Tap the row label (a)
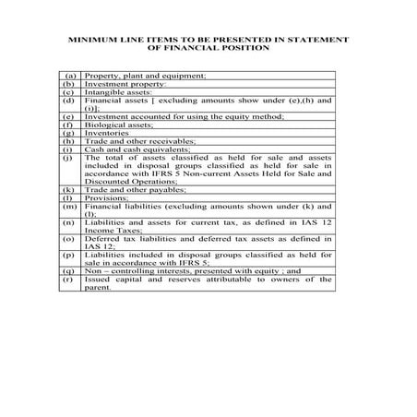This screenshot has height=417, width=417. pos(67,73)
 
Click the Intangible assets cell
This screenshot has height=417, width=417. pos(113,92)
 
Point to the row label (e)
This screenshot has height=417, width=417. pos(67,117)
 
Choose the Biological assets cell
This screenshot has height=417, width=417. pos(112,125)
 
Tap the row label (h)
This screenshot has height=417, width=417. pos(67,142)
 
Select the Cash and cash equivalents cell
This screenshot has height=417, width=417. pos(125,150)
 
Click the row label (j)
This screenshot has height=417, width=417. pos(67,159)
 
